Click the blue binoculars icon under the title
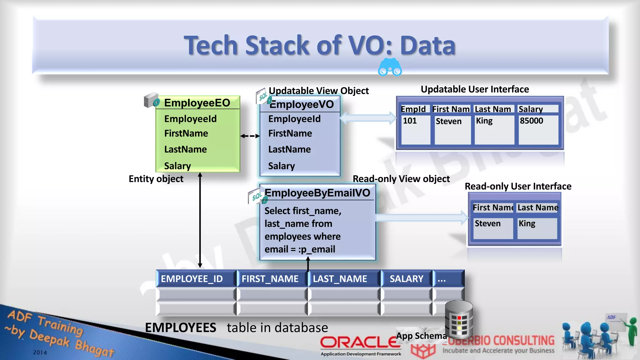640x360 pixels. (390, 67)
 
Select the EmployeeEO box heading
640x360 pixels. (197, 103)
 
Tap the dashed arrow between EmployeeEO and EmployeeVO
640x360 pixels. (250, 136)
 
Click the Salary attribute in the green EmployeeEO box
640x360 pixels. (177, 166)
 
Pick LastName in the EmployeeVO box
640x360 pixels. (289, 149)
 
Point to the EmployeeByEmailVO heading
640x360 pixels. (317, 193)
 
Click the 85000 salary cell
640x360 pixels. (532, 121)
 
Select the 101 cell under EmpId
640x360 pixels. (410, 121)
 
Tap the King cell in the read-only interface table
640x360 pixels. (527, 223)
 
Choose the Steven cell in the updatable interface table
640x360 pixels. (448, 121)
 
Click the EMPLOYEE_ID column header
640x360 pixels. (192, 279)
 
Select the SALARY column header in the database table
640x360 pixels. (407, 279)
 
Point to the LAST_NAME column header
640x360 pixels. (340, 279)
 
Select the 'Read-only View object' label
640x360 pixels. (401, 179)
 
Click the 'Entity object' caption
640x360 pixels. (156, 179)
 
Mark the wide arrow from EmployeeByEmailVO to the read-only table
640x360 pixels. (422, 217)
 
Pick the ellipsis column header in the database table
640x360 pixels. (442, 279)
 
